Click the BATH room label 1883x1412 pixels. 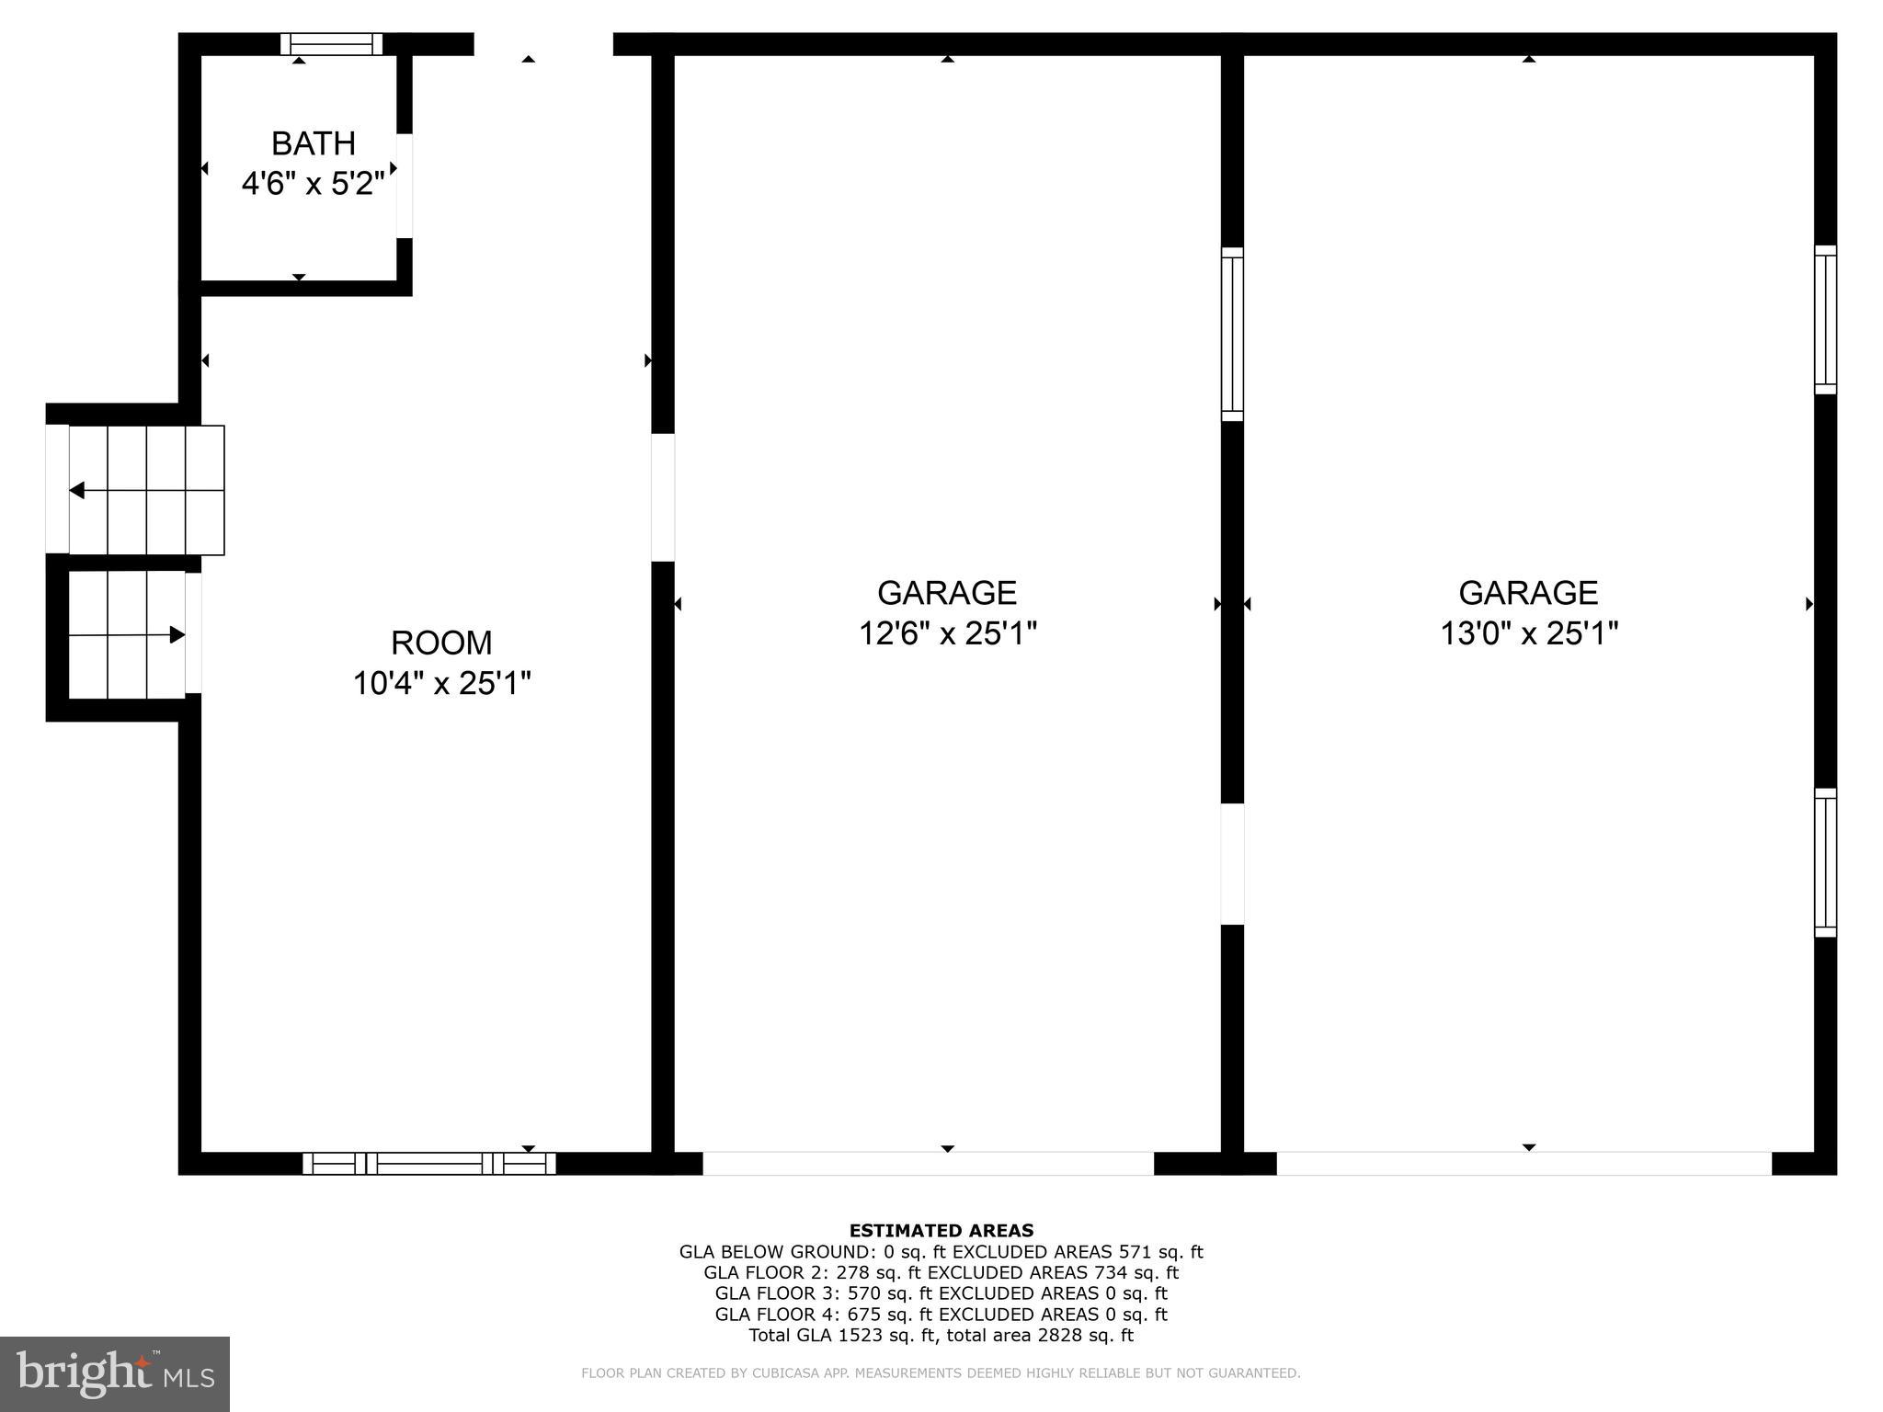point(313,143)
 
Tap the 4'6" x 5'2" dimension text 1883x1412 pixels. point(313,184)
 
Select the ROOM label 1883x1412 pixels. point(441,642)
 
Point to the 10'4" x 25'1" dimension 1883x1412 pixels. point(441,683)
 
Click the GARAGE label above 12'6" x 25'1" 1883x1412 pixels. point(947,593)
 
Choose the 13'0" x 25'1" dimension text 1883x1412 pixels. point(1528,633)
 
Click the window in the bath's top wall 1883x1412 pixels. point(331,43)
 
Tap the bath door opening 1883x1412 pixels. point(405,186)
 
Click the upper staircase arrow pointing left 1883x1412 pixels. point(77,490)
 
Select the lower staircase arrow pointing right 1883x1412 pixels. point(177,634)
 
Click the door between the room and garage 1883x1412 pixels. point(663,497)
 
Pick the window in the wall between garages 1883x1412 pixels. point(1232,334)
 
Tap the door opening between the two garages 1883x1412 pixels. point(1232,863)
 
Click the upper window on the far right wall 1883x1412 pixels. point(1825,320)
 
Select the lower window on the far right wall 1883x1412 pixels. point(1825,862)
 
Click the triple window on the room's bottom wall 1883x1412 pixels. point(429,1163)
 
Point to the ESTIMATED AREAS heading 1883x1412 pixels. point(941,1230)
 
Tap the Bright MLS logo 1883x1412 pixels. point(115,1373)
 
